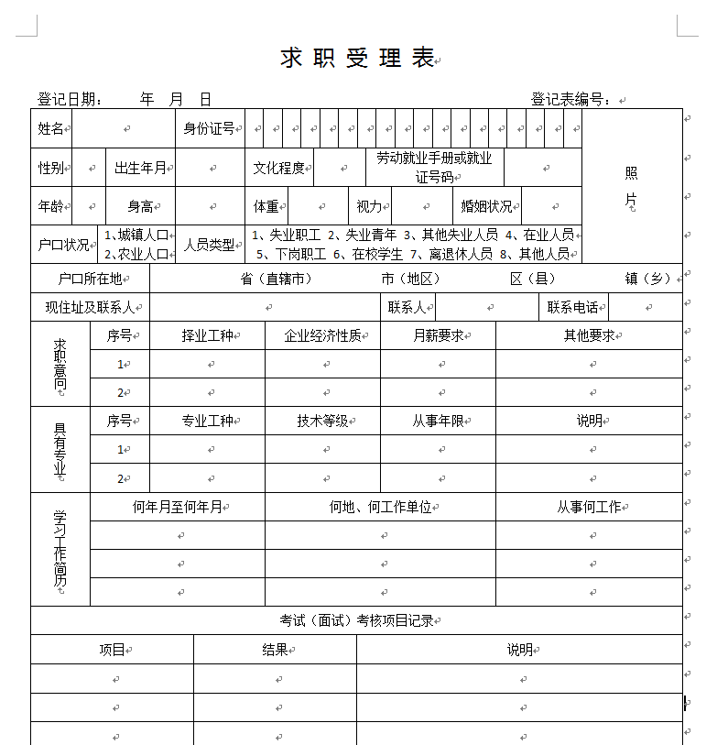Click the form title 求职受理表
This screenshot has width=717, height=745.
click(x=357, y=58)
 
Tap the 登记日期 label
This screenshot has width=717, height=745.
click(x=69, y=100)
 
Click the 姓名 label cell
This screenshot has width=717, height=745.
click(x=51, y=128)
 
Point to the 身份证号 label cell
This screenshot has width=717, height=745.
click(x=210, y=128)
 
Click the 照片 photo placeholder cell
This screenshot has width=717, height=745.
click(x=632, y=186)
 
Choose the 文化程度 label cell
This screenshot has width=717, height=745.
click(x=279, y=168)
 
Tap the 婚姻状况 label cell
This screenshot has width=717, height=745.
click(x=487, y=206)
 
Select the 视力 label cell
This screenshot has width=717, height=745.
click(x=370, y=206)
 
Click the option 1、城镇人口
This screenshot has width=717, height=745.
click(x=136, y=236)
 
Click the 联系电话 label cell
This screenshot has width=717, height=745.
click(x=573, y=307)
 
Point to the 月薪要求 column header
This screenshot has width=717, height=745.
click(x=439, y=335)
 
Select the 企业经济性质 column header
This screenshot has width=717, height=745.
click(x=323, y=335)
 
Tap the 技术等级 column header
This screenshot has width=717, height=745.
click(x=323, y=421)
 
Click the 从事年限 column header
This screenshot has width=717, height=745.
click(x=439, y=421)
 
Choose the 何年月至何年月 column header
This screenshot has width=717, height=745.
click(x=178, y=507)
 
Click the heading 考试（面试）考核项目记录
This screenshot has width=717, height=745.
click(x=356, y=620)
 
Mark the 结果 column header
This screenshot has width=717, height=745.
click(x=276, y=650)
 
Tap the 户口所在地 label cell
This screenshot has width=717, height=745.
click(x=90, y=279)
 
